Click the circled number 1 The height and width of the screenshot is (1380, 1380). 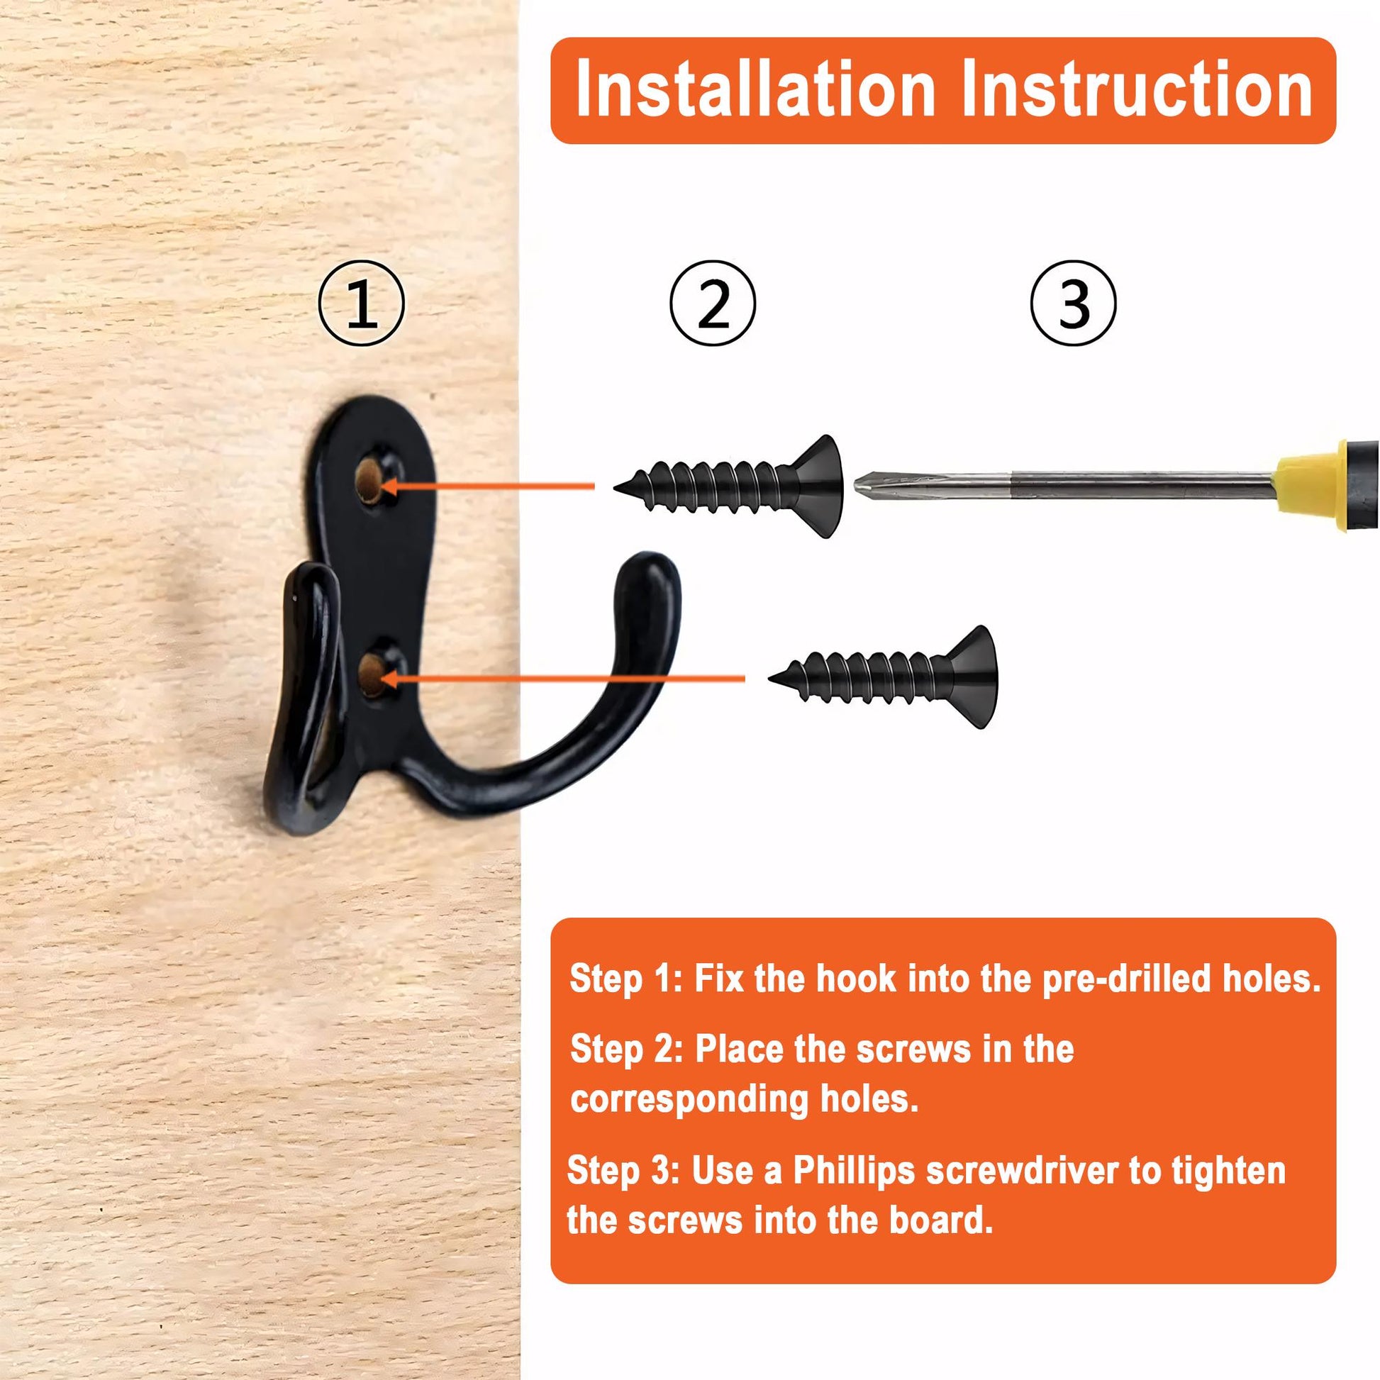(362, 304)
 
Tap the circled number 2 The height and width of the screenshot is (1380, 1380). (712, 304)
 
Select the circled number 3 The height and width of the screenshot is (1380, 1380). (1073, 304)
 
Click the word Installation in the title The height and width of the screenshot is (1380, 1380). (755, 89)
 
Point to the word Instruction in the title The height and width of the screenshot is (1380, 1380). (1137, 89)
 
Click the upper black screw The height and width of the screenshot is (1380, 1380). (728, 486)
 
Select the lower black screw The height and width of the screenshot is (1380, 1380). (883, 677)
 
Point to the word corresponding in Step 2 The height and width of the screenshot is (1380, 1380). (689, 1099)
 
